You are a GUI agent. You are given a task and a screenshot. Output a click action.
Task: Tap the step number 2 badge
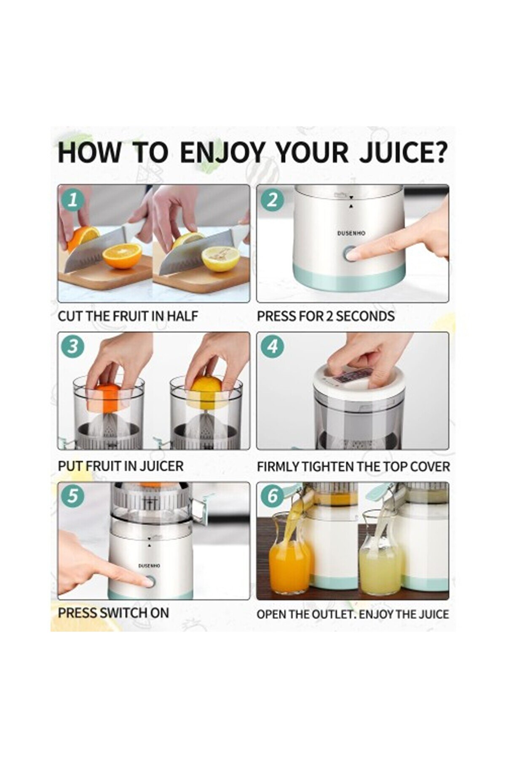[272, 199]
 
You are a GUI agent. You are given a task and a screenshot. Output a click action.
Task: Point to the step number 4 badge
[272, 347]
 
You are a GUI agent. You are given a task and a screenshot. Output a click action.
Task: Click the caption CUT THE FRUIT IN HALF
[128, 316]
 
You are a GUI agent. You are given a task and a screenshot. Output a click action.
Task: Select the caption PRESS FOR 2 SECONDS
[326, 316]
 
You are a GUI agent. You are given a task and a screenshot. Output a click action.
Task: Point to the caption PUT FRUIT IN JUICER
[120, 466]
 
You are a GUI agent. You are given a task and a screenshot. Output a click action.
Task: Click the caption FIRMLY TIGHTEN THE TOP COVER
[353, 466]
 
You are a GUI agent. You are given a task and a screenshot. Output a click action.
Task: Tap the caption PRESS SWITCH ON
[113, 613]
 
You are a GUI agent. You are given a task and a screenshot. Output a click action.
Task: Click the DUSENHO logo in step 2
[351, 233]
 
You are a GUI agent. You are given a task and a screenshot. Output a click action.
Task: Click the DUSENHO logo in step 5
[149, 566]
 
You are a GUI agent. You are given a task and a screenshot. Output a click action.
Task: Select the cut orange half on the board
[122, 256]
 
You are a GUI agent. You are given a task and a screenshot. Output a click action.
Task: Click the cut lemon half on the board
[220, 259]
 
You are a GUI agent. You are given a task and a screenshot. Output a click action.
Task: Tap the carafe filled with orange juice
[289, 553]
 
